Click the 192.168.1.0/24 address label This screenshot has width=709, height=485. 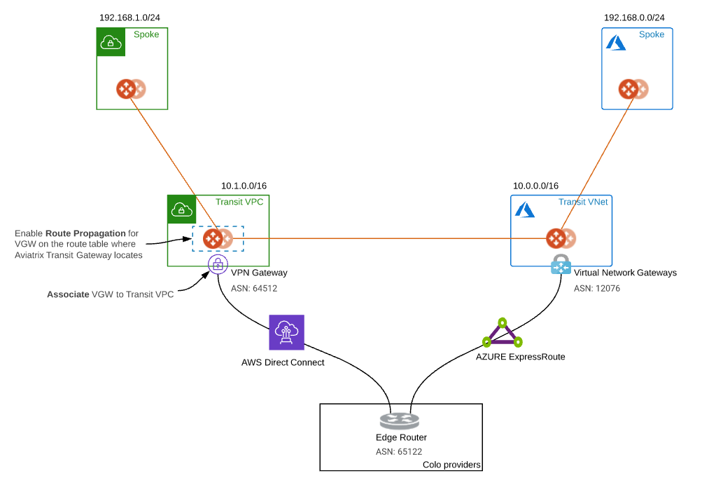(134, 17)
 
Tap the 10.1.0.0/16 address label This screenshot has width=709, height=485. (244, 186)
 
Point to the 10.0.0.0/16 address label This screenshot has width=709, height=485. (535, 186)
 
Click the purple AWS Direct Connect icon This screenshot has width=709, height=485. (287, 332)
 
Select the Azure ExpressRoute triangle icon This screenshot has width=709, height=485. (502, 334)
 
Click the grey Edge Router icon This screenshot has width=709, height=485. (400, 421)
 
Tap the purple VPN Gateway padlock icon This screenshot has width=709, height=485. (218, 264)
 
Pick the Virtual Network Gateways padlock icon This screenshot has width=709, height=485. (561, 265)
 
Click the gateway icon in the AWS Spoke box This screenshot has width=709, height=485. (130, 89)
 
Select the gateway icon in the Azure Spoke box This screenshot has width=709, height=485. (633, 89)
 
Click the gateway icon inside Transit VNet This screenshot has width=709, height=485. (560, 238)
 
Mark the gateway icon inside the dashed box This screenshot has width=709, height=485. (217, 238)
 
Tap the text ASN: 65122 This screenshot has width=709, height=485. (399, 452)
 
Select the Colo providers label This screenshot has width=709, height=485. (451, 465)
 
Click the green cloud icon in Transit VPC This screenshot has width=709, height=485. (181, 209)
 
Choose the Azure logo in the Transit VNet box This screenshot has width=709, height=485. (524, 210)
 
